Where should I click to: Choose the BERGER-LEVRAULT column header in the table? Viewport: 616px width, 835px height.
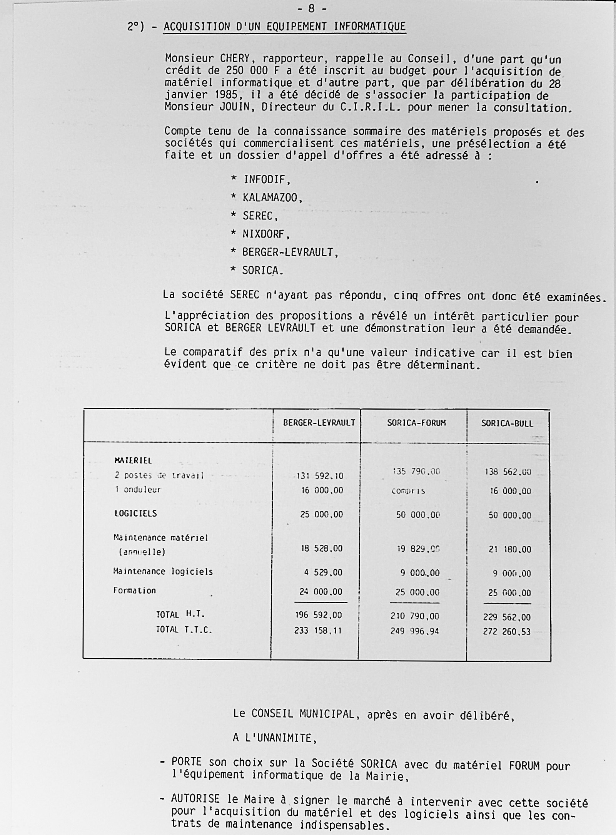tap(319, 423)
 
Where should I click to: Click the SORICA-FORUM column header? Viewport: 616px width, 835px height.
tap(416, 423)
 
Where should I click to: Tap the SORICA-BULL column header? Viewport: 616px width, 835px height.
tap(507, 423)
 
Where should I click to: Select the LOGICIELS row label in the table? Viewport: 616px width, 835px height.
tap(135, 514)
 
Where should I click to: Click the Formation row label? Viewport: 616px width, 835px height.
tap(134, 591)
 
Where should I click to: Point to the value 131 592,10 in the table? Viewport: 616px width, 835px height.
tap(320, 476)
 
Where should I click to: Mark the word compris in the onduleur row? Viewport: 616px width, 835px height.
tap(408, 491)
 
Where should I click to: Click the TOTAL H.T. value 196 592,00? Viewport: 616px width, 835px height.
tap(318, 615)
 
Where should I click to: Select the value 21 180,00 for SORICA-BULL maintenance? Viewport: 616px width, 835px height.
tap(510, 549)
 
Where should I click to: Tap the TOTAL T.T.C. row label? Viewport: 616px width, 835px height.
tap(184, 630)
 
